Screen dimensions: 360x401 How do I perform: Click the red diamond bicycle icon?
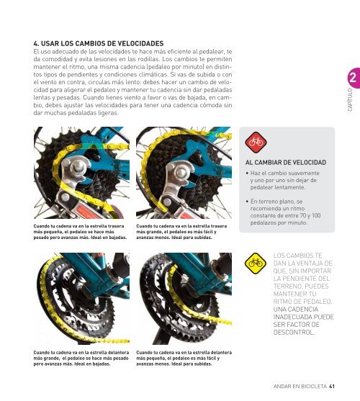[x=256, y=143]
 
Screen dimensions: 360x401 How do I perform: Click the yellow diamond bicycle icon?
[x=255, y=263]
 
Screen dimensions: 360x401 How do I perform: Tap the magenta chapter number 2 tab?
[x=354, y=78]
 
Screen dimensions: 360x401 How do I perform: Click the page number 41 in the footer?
[x=332, y=386]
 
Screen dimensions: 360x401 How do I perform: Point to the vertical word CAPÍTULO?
[x=350, y=100]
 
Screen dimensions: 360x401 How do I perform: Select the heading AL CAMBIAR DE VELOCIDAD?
[x=286, y=163]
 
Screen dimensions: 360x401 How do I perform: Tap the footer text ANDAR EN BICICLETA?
[x=300, y=386]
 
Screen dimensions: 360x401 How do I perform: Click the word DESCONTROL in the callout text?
[x=294, y=333]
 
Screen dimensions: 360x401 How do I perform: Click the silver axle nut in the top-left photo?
[x=78, y=166]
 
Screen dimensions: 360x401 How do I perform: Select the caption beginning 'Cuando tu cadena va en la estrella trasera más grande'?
[x=181, y=232]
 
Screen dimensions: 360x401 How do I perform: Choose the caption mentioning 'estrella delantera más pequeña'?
[x=184, y=358]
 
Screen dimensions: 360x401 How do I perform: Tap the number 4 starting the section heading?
[x=36, y=43]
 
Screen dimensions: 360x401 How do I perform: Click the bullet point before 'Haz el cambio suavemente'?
[x=247, y=173]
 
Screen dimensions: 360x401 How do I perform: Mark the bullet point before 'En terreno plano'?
[x=247, y=202]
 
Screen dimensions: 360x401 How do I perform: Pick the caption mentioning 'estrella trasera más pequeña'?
[x=80, y=232]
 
